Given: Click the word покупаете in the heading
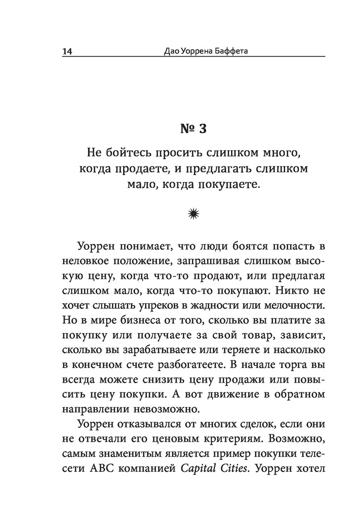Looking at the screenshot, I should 231,185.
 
